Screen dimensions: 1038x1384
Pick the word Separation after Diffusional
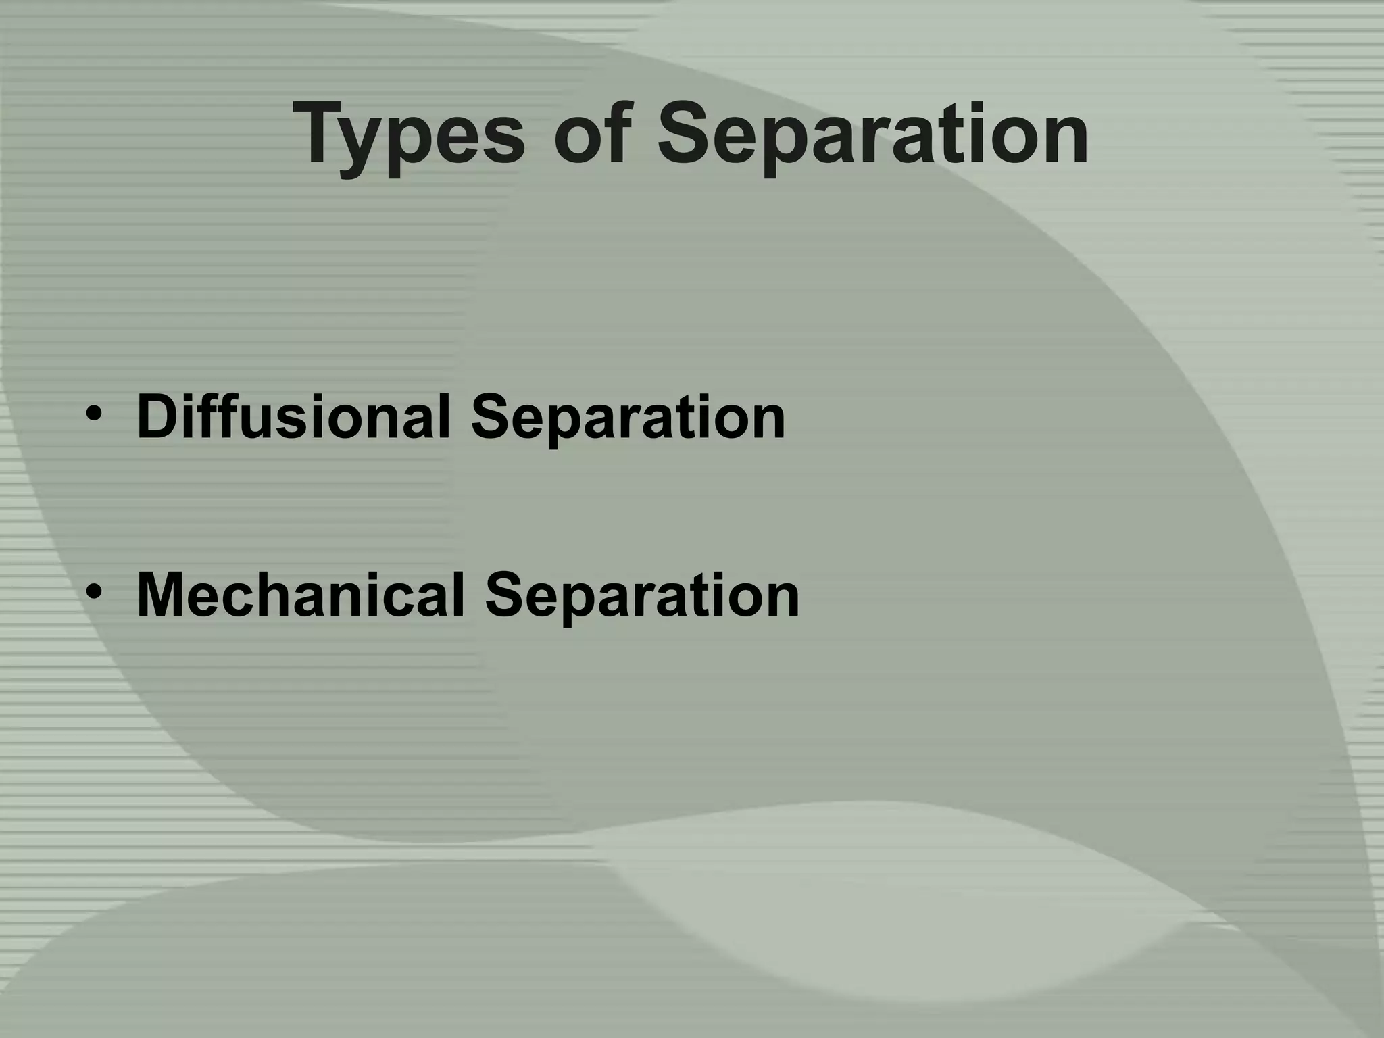pos(628,418)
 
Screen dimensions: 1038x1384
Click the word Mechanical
pos(301,595)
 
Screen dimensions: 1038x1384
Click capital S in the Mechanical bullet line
pos(503,595)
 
